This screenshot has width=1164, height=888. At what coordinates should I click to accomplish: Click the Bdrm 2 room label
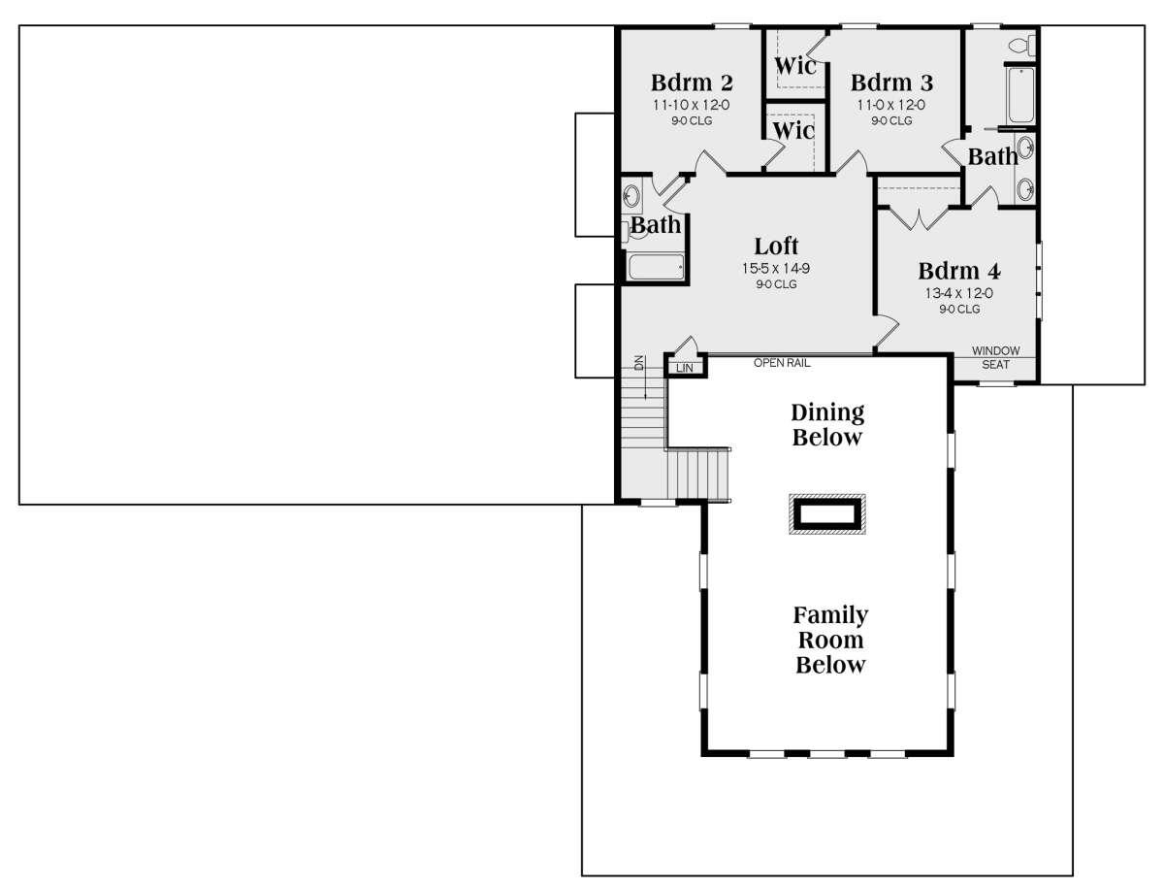point(692,82)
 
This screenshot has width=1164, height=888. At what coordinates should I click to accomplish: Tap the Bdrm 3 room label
point(891,82)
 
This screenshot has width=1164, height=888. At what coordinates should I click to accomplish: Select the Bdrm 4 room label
point(958,271)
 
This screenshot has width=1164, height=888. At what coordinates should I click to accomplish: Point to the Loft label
point(776,247)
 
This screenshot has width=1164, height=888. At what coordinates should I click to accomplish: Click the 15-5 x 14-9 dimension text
point(776,269)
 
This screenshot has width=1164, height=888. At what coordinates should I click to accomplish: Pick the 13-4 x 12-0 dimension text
point(958,293)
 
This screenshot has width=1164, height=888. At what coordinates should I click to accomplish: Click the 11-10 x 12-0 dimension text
point(692,105)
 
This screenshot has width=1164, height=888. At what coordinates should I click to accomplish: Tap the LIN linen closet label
point(685,368)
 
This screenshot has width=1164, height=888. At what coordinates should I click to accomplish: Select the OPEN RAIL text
point(782,363)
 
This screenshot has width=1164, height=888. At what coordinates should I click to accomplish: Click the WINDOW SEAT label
point(995,357)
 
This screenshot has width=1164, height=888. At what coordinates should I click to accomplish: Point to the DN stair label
point(639,363)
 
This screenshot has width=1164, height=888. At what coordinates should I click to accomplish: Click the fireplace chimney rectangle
point(826,514)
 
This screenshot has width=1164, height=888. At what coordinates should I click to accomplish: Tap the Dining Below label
point(827,425)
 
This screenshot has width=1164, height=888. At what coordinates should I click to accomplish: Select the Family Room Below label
point(830,640)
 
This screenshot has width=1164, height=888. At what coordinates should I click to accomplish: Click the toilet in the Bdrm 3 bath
point(1021,45)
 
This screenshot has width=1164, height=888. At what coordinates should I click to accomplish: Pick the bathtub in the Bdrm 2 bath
point(656,267)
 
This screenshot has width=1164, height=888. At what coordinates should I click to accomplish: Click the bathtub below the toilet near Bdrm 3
point(1021,95)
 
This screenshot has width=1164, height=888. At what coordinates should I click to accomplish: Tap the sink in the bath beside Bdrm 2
point(631,196)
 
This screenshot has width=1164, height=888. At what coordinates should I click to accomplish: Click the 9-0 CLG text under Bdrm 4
point(958,310)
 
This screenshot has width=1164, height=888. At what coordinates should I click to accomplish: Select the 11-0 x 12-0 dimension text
point(890,105)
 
